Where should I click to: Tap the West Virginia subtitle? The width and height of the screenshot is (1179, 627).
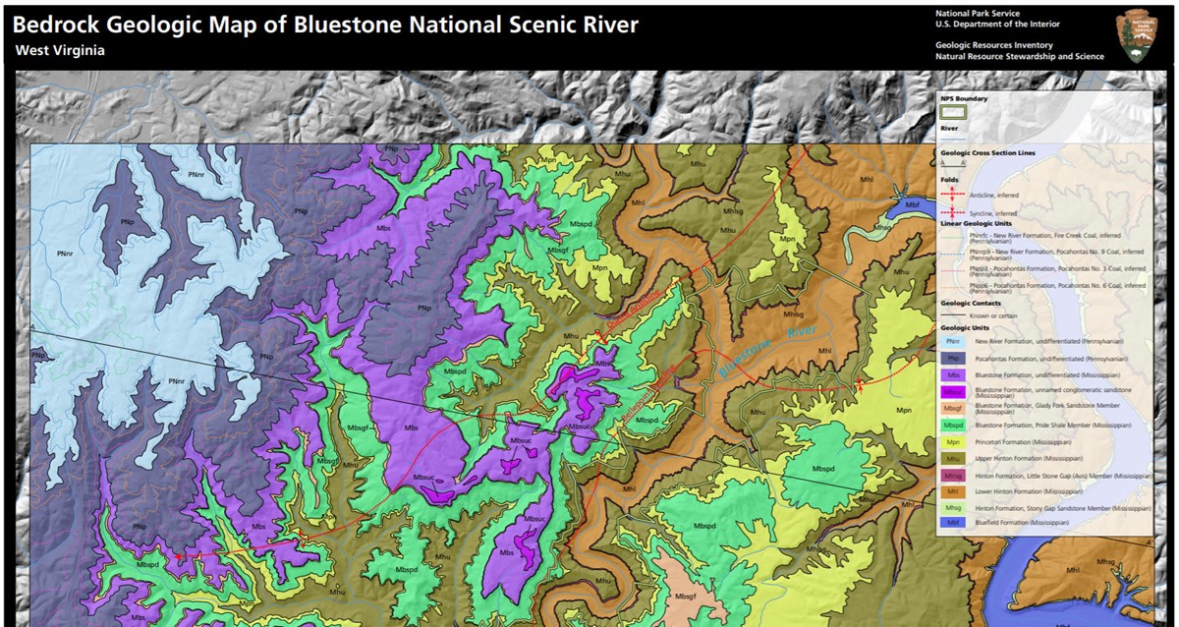[x=60, y=50]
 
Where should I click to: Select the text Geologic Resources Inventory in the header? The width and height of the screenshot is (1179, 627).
[x=993, y=45]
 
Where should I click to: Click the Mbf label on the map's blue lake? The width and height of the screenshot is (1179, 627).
[x=911, y=203]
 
